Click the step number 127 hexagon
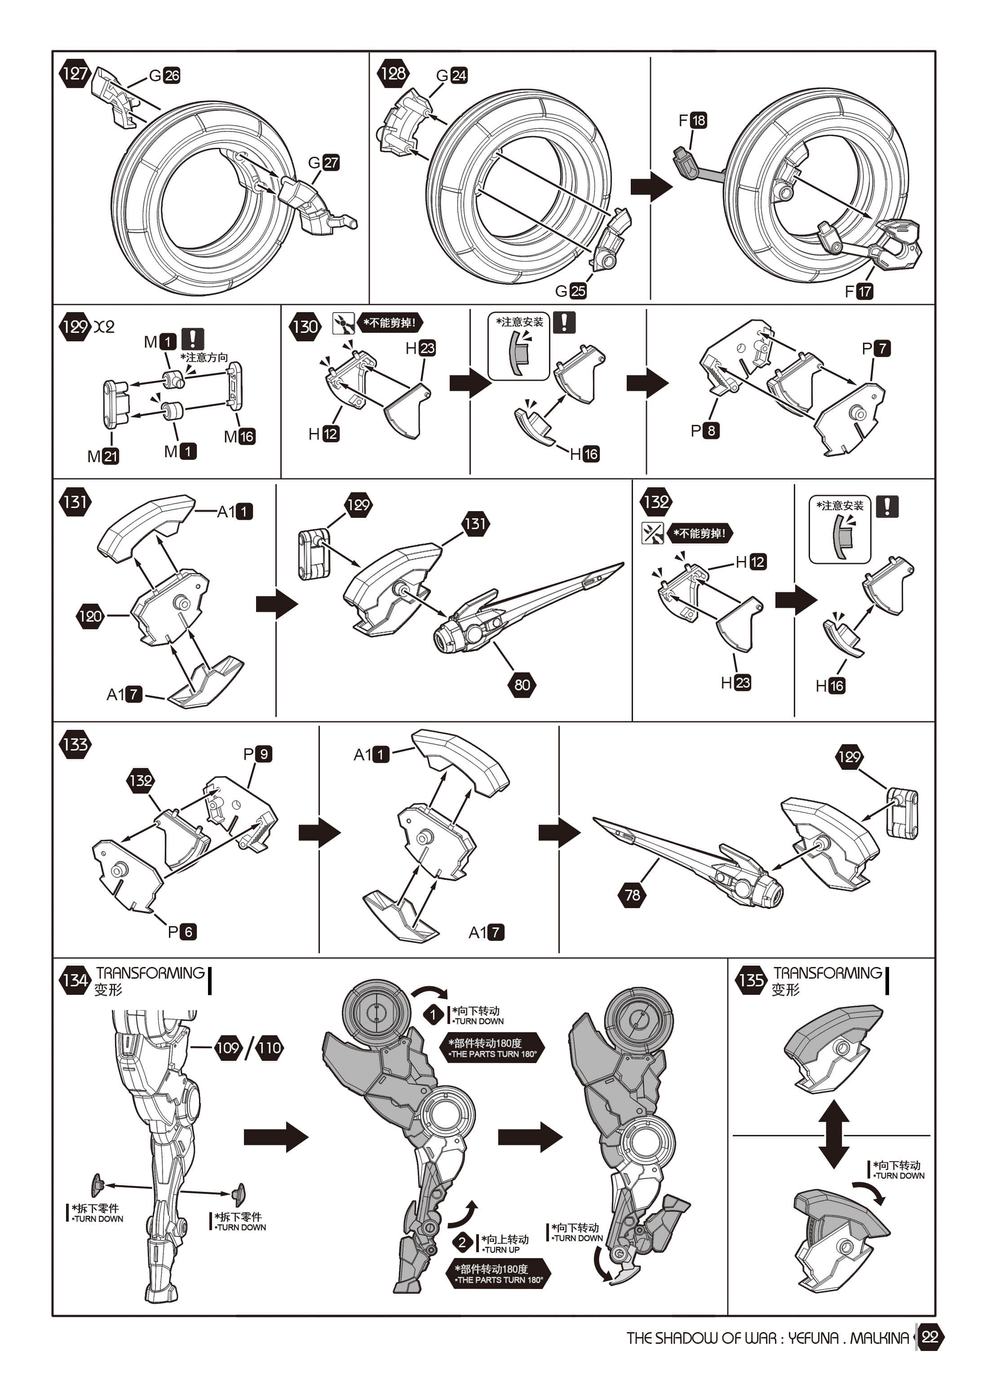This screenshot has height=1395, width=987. (75, 74)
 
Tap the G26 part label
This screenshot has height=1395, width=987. (165, 75)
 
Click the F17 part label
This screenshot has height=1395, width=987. (859, 291)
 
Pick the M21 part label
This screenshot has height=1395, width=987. (103, 456)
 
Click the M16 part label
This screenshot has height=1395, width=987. (239, 436)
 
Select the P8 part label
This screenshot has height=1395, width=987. (705, 430)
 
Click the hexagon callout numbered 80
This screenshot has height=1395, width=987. (522, 685)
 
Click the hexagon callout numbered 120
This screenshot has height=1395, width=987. (90, 616)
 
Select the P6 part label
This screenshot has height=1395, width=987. (181, 931)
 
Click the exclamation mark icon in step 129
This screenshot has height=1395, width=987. (193, 339)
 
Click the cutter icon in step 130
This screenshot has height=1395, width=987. (343, 322)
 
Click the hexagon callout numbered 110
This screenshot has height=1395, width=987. (269, 1047)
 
